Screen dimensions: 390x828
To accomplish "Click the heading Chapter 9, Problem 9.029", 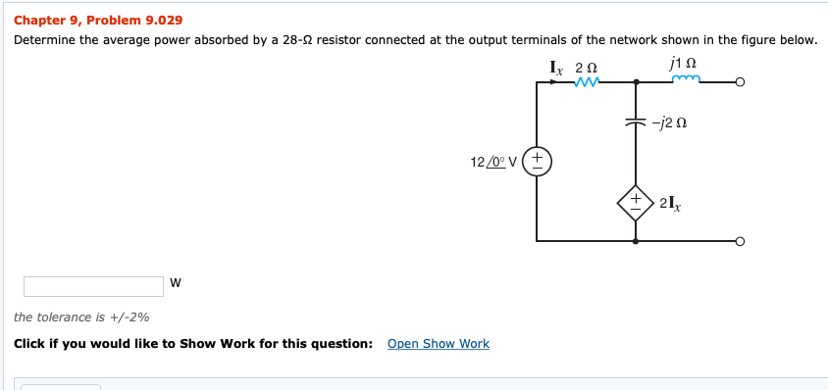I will pos(98,20).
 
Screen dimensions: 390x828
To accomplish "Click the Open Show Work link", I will pos(438,343).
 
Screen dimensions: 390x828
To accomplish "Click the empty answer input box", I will pos(94,286).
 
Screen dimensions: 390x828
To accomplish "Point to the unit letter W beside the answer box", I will pos(175,284).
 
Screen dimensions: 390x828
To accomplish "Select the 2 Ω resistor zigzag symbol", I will pos(586,82).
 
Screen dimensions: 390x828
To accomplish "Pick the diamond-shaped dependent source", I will pos(635,202).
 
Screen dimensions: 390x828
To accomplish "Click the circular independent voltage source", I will pos(538,162).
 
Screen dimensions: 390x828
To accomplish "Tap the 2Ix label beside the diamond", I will pos(671,203).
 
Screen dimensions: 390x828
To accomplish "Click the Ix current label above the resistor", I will pos(556,67).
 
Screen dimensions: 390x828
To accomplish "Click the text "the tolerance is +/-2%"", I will pos(81,317).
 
